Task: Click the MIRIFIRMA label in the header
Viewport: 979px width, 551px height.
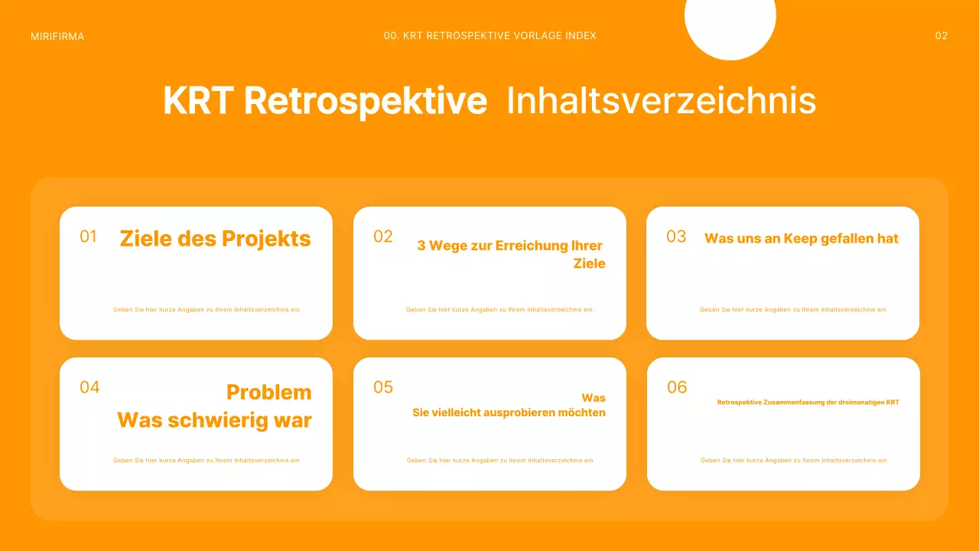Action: click(x=57, y=36)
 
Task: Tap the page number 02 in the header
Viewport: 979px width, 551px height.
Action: click(x=942, y=36)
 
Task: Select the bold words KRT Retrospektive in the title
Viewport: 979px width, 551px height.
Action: click(x=325, y=101)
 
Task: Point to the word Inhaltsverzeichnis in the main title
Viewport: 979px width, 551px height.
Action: click(x=661, y=101)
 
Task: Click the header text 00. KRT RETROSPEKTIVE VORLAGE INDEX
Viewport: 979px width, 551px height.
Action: click(x=490, y=36)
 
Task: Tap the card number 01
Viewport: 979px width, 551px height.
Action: click(x=89, y=236)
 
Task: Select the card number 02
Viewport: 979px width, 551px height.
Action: click(x=383, y=236)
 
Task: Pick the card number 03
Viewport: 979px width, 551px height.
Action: click(x=676, y=236)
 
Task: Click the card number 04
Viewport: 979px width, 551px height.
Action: click(x=89, y=387)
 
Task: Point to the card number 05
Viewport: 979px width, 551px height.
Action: click(x=383, y=387)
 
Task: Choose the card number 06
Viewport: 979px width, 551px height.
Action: click(x=677, y=387)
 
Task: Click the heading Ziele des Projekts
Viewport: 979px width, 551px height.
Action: click(x=216, y=239)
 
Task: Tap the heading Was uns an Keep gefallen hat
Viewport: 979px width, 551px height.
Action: click(x=802, y=239)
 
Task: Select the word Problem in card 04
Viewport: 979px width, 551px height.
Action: click(x=269, y=393)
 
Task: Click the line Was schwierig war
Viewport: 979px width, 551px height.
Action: click(x=214, y=420)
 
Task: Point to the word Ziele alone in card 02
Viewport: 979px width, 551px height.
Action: click(x=589, y=263)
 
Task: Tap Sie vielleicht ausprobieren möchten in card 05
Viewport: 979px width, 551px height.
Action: click(x=509, y=412)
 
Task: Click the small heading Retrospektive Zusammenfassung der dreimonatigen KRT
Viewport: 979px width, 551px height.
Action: click(x=808, y=402)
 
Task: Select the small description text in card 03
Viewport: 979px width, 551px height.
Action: click(x=792, y=310)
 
